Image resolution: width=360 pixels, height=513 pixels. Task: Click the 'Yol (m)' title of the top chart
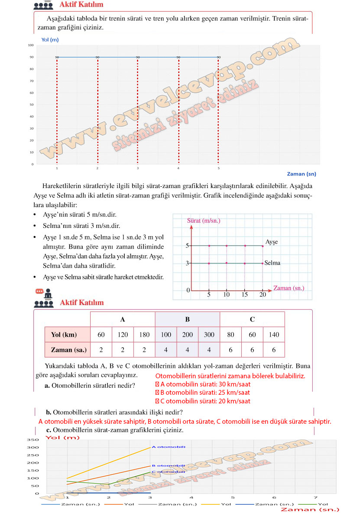click(x=50, y=40)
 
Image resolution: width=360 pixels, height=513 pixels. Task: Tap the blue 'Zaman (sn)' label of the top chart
click(x=302, y=174)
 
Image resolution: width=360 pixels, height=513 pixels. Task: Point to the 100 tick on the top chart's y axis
click(x=31, y=45)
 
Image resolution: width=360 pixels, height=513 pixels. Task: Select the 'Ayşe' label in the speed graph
click(x=271, y=242)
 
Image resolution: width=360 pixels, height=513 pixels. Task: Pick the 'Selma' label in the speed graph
click(x=272, y=263)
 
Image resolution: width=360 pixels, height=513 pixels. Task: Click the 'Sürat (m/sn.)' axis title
click(x=204, y=221)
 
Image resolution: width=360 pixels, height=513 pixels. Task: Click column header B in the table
click(x=188, y=320)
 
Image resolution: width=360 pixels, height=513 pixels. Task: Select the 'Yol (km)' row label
click(x=64, y=334)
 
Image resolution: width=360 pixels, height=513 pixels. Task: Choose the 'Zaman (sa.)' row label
click(x=68, y=349)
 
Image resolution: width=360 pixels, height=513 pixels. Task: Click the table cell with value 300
click(x=209, y=334)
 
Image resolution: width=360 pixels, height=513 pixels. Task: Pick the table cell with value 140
click(x=274, y=334)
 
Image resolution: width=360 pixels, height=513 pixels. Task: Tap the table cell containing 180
click(x=144, y=334)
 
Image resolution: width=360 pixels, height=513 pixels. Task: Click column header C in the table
click(x=252, y=320)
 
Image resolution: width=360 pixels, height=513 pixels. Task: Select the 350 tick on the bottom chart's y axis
click(x=33, y=440)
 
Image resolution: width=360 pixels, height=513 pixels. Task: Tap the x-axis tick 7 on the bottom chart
click(x=315, y=498)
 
